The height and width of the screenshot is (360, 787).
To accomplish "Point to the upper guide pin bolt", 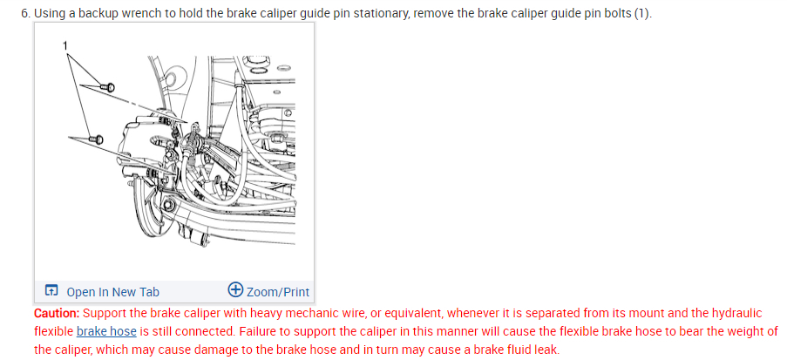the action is [108, 86].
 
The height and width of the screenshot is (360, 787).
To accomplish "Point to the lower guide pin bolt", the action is [96, 139].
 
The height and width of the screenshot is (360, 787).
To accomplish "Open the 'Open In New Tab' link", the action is [112, 292].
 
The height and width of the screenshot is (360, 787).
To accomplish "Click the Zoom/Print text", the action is [278, 292].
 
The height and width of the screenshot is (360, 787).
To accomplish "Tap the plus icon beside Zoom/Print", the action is [235, 291].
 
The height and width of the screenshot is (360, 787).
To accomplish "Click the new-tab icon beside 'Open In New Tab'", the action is [52, 292].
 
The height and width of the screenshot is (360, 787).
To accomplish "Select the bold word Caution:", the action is [57, 313].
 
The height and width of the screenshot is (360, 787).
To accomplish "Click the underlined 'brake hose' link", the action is [106, 331].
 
